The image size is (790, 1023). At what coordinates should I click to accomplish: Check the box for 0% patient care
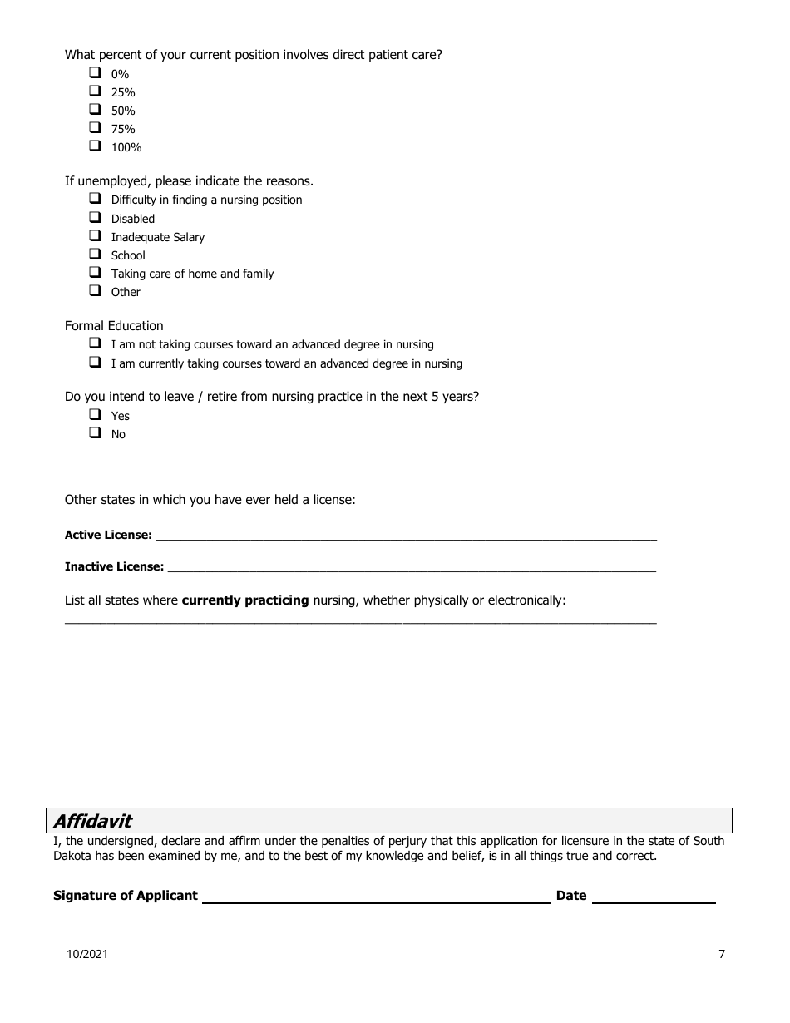pos(95,73)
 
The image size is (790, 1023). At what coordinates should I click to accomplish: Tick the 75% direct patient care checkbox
pos(95,128)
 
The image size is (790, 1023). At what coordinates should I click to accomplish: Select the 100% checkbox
pos(95,146)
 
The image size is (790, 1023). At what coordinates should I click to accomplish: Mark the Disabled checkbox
pos(95,218)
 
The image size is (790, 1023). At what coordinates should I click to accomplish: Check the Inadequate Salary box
pos(95,236)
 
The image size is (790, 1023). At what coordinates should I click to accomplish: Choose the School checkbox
pos(95,255)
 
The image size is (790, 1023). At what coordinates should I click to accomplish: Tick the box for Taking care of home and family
pos(95,273)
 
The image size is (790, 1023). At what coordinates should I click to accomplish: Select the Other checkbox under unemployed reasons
pos(95,291)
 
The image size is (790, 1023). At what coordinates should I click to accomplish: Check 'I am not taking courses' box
pos(95,343)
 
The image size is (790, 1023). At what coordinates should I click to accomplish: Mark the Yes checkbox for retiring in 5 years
pos(95,415)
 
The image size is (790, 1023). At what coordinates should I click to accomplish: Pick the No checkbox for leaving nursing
pos(95,433)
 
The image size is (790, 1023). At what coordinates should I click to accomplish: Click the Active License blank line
pos(405,536)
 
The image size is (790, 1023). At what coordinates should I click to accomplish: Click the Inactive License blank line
pos(411,567)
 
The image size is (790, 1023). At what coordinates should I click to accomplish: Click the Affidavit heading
pos(92,821)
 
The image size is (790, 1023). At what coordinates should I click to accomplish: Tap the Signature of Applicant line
pos(376,897)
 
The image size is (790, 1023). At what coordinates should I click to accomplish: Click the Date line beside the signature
pos(653,897)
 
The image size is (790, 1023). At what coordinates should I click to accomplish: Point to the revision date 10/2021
pos(87,955)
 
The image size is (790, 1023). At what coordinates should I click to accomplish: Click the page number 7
pos(722,955)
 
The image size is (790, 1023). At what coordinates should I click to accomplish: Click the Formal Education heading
pos(114,326)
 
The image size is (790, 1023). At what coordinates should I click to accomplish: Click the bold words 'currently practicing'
pos(245,600)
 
